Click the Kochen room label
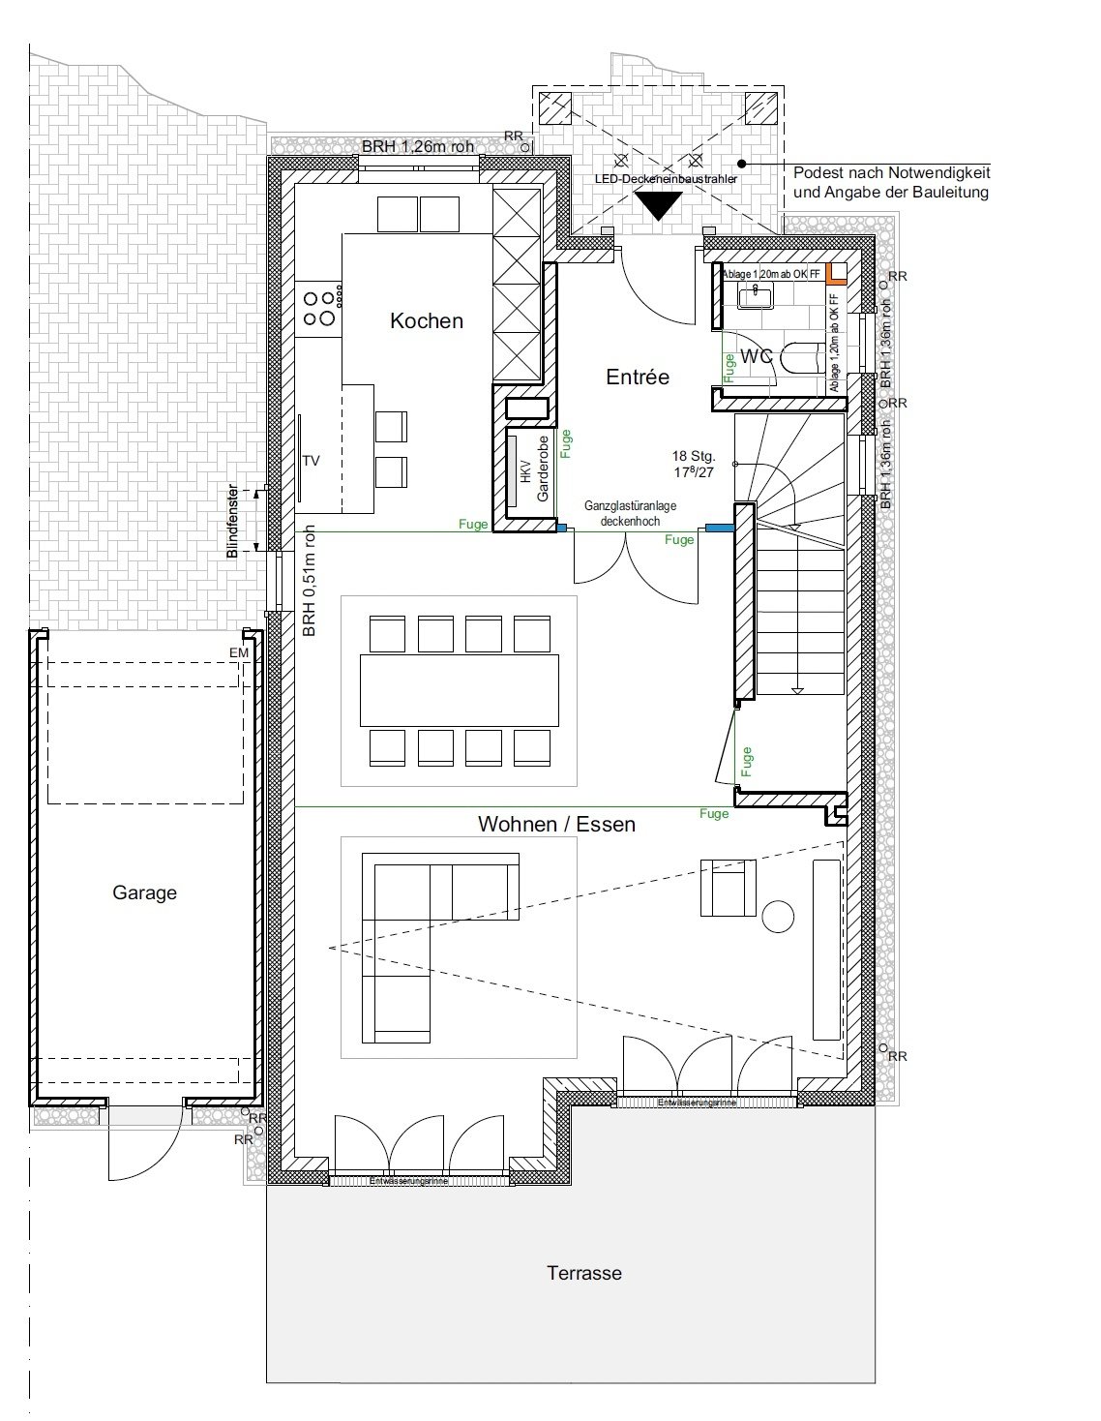426,320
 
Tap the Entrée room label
638,377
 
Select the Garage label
144,892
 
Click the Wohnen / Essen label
556,825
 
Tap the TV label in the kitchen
311,461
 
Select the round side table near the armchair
778,916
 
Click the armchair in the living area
727,888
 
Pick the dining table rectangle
459,690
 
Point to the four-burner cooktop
320,307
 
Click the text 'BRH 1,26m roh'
418,147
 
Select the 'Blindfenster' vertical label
232,522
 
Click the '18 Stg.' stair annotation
694,455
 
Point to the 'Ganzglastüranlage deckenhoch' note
630,513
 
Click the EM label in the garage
238,654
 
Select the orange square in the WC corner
837,273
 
